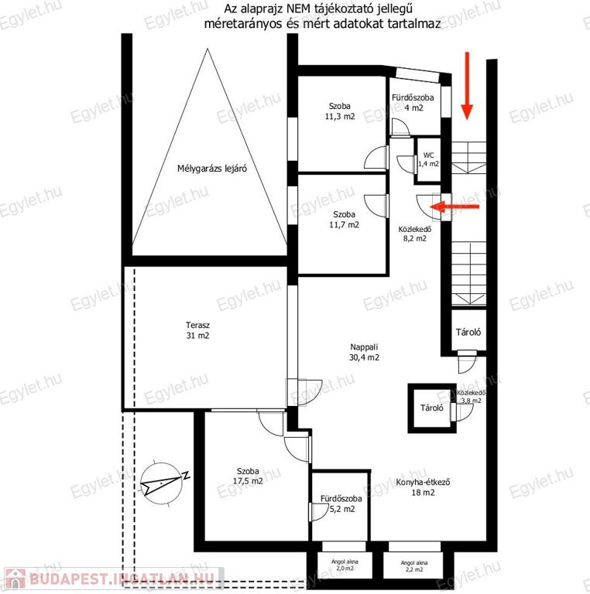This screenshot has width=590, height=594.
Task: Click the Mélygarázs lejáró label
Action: point(212,168)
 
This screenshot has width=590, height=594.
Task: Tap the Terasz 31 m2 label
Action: point(197,330)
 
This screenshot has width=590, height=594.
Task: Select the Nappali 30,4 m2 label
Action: point(364,352)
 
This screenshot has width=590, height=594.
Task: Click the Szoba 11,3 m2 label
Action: point(340,111)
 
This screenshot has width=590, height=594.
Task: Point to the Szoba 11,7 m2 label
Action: point(345,220)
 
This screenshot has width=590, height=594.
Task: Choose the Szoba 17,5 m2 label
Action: point(248,476)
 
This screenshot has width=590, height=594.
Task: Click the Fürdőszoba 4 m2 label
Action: point(413,103)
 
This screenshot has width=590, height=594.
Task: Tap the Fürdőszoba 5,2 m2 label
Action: point(341,504)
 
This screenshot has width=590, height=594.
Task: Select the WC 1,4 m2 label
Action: point(428,159)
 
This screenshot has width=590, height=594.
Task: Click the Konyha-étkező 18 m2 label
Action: point(423,487)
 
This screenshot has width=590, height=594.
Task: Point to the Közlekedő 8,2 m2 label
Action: point(415,234)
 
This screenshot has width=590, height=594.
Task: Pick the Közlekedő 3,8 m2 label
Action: point(472,396)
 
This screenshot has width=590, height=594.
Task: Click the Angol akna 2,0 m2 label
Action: point(345,565)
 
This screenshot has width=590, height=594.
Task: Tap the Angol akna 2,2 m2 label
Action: point(414,566)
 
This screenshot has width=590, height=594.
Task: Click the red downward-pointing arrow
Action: point(467,86)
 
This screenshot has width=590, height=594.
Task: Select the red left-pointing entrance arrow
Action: point(455,207)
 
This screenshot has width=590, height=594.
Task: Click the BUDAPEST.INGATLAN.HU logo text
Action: point(122,579)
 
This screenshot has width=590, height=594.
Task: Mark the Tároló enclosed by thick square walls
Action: point(432,408)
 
